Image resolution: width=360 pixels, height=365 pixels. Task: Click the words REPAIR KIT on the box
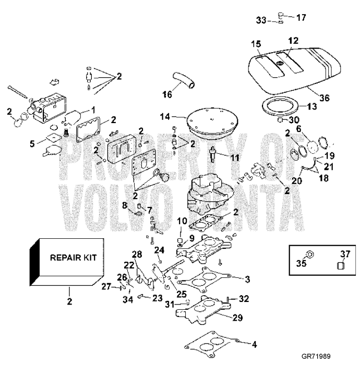73,257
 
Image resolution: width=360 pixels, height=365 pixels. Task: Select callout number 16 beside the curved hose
167,94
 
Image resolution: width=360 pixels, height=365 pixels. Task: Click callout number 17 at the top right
301,17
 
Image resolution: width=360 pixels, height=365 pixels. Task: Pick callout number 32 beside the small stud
244,299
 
